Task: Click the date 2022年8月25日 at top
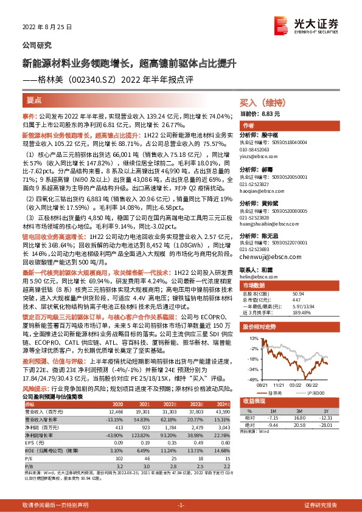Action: coord(47,27)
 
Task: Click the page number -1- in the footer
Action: coord(181,505)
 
